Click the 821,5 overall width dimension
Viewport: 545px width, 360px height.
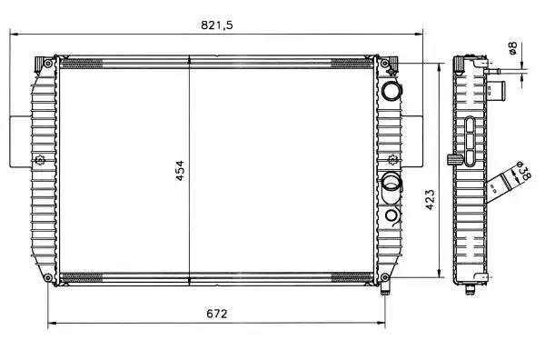tap(216, 25)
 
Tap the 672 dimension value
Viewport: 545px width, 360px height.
tap(216, 314)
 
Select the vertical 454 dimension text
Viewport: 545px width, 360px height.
tap(179, 170)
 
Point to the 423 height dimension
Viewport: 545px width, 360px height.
tap(430, 200)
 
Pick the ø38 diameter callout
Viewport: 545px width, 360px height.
tap(523, 171)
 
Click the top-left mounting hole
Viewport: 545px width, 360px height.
tap(48, 64)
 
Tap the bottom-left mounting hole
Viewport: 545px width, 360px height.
tap(48, 277)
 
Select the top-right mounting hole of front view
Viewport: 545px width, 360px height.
tap(385, 64)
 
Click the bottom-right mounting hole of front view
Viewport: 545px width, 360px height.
tap(385, 277)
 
